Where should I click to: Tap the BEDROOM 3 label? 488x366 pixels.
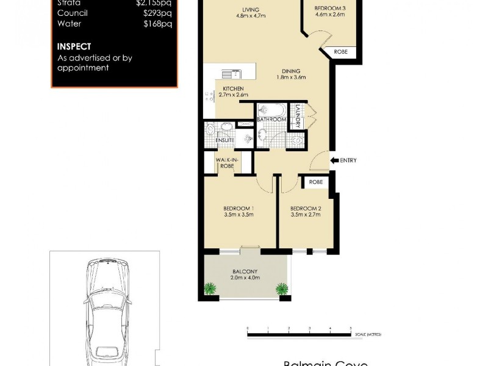click(x=329, y=8)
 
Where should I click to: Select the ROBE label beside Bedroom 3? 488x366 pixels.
click(x=340, y=52)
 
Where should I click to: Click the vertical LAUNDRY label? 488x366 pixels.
click(x=298, y=116)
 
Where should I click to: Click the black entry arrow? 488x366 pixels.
click(x=334, y=160)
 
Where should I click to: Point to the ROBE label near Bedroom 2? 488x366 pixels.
click(x=315, y=182)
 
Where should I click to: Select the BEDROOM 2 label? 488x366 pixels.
click(x=306, y=208)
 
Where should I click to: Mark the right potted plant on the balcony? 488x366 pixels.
click(x=282, y=289)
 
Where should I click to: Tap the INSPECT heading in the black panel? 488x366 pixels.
click(x=74, y=46)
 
